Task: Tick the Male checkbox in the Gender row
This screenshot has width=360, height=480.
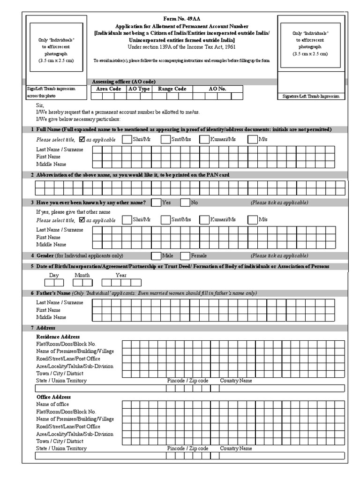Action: pyautogui.click(x=156, y=256)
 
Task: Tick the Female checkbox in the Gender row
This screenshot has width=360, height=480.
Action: pyautogui.click(x=185, y=256)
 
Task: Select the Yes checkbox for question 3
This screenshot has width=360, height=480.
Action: pyautogui.click(x=156, y=203)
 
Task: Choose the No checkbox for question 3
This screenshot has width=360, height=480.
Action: pyautogui.click(x=185, y=203)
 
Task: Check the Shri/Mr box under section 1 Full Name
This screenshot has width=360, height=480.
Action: pyautogui.click(x=127, y=139)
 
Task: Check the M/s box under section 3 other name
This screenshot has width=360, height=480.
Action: pyautogui.click(x=253, y=220)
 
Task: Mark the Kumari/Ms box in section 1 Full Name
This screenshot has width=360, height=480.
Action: pyautogui.click(x=204, y=139)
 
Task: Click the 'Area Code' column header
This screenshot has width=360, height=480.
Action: pyautogui.click(x=108, y=89)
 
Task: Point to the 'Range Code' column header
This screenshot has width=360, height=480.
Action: pyautogui.click(x=172, y=89)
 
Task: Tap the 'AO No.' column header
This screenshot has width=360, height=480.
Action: pyautogui.click(x=217, y=89)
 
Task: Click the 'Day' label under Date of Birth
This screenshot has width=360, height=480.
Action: pyautogui.click(x=54, y=276)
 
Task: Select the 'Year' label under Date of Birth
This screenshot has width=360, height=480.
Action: pyautogui.click(x=121, y=276)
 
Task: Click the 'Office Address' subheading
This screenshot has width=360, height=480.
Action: pyautogui.click(x=53, y=397)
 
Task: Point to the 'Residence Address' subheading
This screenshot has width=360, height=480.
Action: pyautogui.click(x=58, y=337)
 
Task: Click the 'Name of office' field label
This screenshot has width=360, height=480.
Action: pyautogui.click(x=52, y=404)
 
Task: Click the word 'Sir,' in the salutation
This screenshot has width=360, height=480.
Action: pyautogui.click(x=40, y=106)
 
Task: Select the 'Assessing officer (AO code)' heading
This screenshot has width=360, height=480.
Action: pyautogui.click(x=124, y=82)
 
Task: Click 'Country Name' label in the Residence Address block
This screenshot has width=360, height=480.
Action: pyautogui.click(x=236, y=381)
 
